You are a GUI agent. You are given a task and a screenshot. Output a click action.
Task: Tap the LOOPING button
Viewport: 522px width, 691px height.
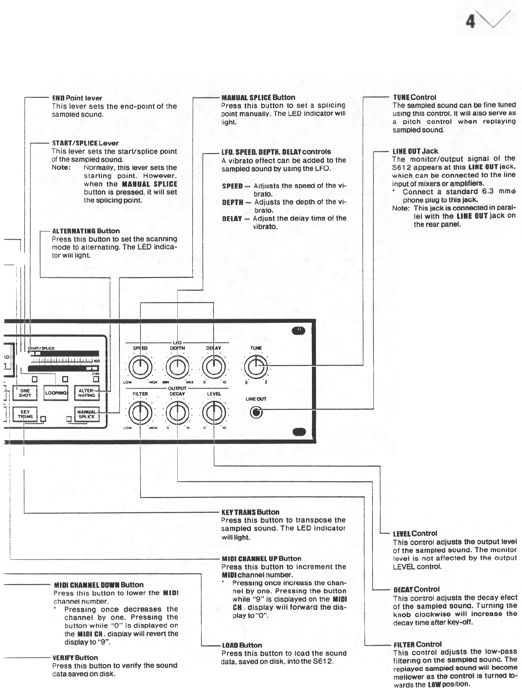(56, 393)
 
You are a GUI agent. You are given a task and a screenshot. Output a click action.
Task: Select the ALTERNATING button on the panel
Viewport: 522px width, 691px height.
(87, 393)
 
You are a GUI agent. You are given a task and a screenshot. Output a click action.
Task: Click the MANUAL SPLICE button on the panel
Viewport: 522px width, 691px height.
(86, 414)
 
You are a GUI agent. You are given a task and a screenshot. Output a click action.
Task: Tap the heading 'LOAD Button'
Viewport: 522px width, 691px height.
(242, 645)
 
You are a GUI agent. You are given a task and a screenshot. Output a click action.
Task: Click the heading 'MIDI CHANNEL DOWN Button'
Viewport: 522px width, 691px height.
(99, 585)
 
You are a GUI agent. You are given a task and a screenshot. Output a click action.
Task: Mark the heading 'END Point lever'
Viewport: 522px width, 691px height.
(77, 98)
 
